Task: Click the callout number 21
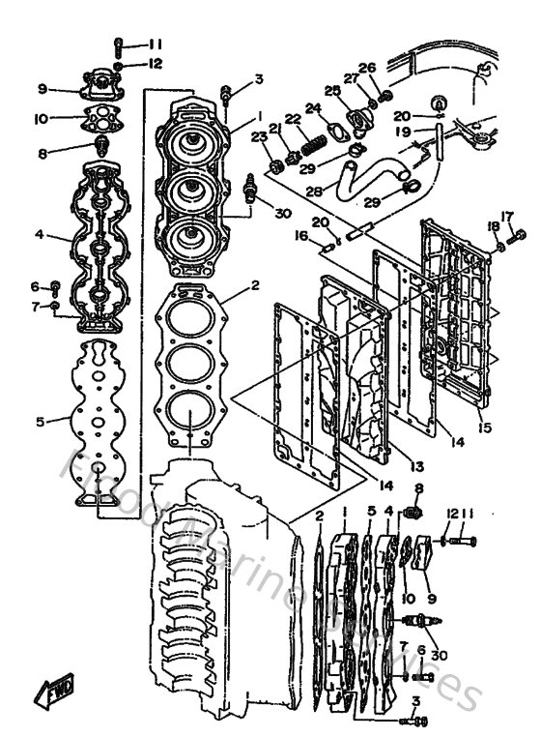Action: (275, 130)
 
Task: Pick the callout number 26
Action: (366, 68)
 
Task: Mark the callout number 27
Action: (352, 78)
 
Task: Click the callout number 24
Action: (313, 108)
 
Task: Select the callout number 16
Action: (301, 235)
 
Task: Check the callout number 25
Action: (331, 90)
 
